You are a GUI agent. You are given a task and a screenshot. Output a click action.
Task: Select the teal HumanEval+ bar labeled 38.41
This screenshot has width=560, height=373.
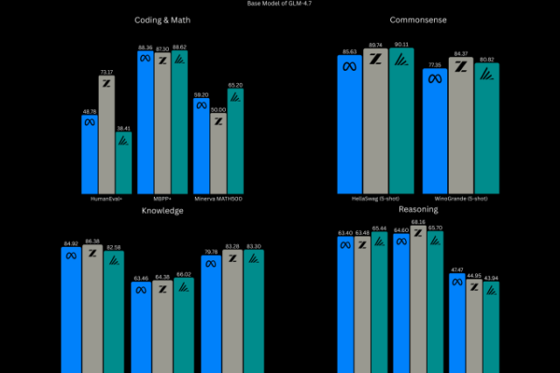[x=123, y=162]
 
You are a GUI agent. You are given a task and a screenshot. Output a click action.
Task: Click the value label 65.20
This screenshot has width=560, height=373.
[x=235, y=85]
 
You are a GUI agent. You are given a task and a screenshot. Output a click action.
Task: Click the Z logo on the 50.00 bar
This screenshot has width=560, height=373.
[x=217, y=121]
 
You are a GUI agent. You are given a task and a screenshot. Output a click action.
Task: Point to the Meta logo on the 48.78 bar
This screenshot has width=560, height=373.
[x=90, y=120]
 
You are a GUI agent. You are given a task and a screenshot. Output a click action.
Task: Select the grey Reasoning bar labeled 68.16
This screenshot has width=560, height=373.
[x=418, y=298]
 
